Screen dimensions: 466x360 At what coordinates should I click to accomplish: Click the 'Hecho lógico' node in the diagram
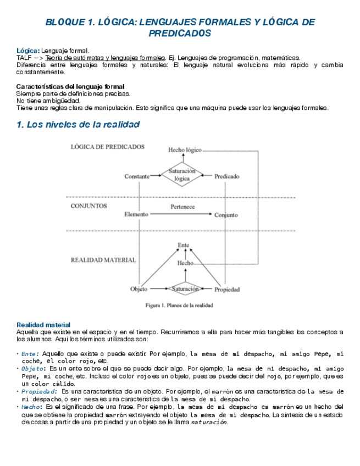click(x=185, y=149)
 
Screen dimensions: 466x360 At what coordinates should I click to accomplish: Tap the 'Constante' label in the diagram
click(x=137, y=176)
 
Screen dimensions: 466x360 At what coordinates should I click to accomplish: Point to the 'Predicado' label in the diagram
click(x=226, y=176)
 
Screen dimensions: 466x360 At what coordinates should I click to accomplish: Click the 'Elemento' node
click(x=136, y=214)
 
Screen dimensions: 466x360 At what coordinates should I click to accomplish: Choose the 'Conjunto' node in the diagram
click(x=226, y=215)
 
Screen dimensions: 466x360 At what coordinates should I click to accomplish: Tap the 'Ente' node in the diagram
click(x=184, y=245)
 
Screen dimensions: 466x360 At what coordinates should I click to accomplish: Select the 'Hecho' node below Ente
click(x=185, y=263)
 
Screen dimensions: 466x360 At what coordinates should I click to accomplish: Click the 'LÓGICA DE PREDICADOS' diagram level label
click(x=108, y=147)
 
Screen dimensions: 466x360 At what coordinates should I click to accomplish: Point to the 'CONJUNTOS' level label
click(x=89, y=206)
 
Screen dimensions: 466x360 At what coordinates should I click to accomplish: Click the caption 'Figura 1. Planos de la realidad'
click(x=179, y=305)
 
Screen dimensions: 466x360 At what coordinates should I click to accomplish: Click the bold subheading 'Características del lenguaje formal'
click(x=70, y=86)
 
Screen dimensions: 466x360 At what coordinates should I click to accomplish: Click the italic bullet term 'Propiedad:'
click(x=39, y=391)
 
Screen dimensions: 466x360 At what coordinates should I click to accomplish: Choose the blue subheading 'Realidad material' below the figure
click(x=43, y=325)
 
